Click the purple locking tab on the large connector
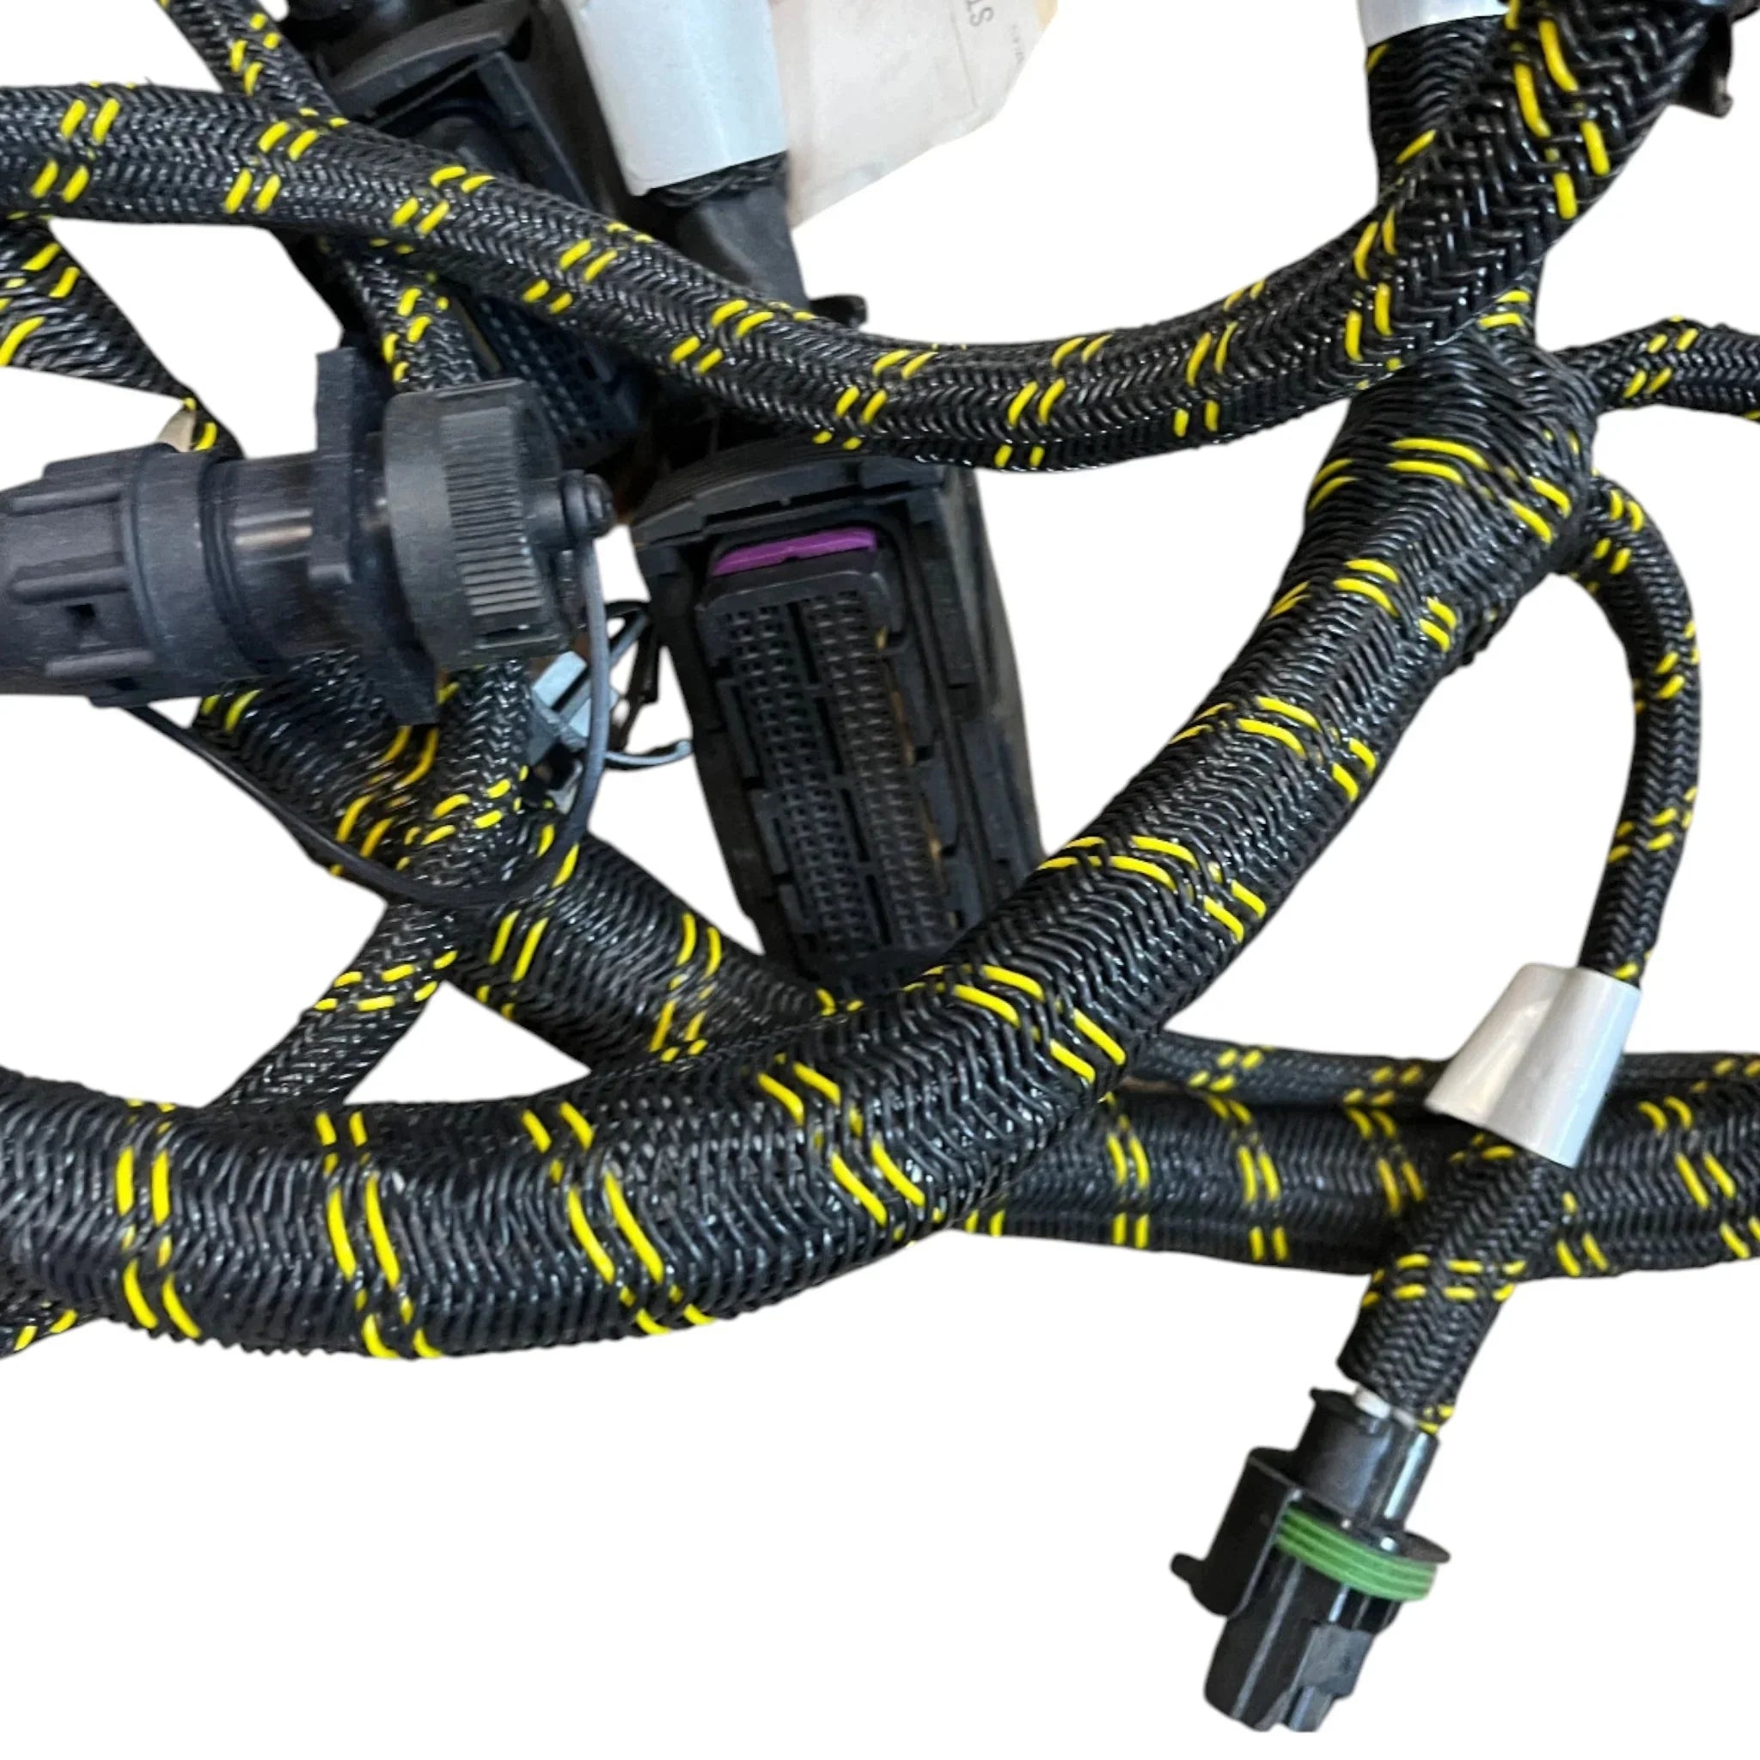[793, 552]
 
